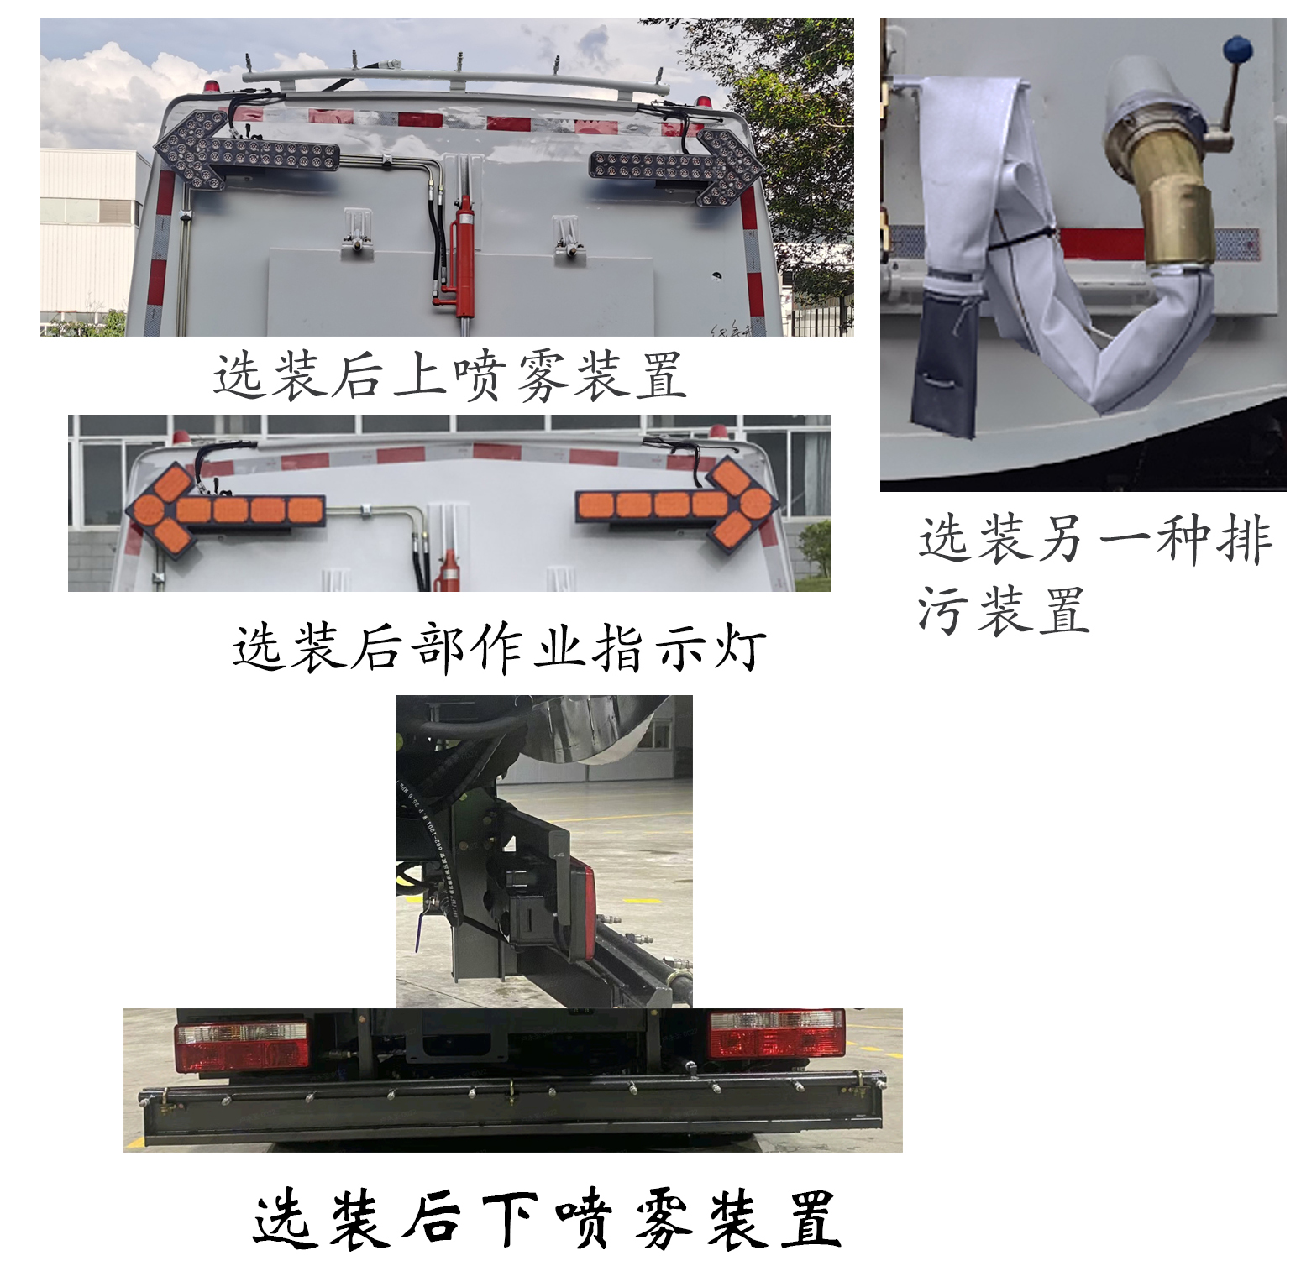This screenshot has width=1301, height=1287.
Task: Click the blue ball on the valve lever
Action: tap(1236, 48)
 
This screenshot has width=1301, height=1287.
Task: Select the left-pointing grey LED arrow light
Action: tap(245, 152)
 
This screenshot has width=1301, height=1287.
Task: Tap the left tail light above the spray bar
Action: tap(242, 1046)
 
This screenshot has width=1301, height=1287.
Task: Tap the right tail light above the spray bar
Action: tap(776, 1033)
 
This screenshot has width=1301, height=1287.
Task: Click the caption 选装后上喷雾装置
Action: tap(449, 374)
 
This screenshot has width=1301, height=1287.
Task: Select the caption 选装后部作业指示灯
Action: tap(499, 647)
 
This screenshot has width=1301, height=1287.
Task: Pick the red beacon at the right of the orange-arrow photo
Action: tap(717, 432)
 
